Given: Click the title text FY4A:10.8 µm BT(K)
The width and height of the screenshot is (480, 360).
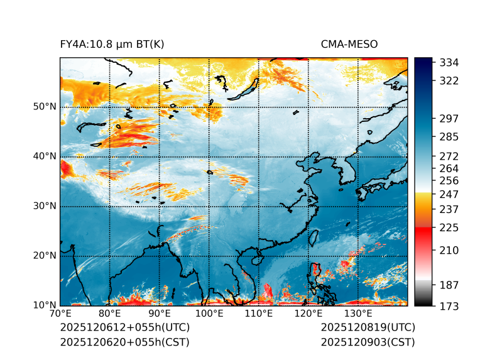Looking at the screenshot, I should tap(112, 44).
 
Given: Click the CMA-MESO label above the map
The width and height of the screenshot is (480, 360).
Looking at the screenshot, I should tap(349, 44).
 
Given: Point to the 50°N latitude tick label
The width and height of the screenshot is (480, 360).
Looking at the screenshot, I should tap(45, 107).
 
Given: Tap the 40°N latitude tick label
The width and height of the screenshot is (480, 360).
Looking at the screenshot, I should tap(45, 156).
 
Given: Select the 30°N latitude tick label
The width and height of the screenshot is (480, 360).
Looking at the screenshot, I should tap(45, 206).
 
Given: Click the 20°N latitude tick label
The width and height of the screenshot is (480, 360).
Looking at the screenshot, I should tap(45, 256).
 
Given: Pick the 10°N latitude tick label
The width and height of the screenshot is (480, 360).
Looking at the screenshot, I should tap(45, 305).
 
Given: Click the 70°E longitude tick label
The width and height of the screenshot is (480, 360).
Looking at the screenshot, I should tap(60, 314).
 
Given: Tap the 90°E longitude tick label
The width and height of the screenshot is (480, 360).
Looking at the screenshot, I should tap(160, 314).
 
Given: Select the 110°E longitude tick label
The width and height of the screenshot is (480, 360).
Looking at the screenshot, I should tap(259, 314).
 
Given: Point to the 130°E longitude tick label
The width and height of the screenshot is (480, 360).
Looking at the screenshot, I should tap(358, 314).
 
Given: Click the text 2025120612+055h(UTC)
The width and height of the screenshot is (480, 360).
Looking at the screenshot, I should tap(124, 328).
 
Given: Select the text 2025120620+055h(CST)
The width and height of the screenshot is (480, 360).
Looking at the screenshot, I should tap(124, 342).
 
